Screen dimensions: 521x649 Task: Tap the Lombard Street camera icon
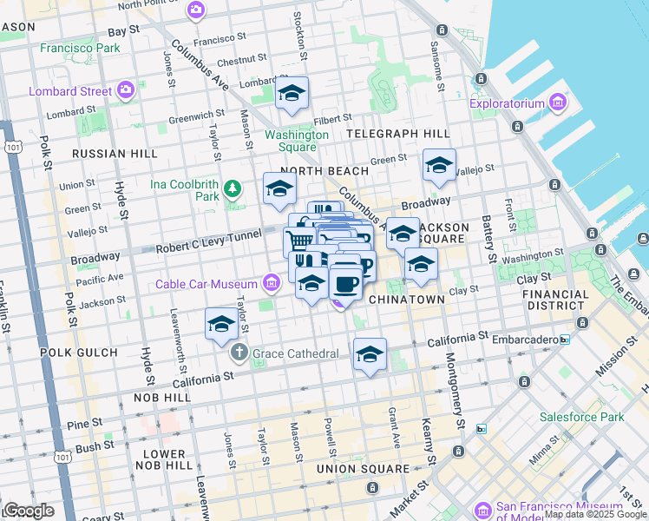(126, 90)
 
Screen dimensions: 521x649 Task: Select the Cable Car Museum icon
(272, 283)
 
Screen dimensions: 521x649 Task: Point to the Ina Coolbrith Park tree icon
(232, 188)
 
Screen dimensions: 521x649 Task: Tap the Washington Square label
(297, 141)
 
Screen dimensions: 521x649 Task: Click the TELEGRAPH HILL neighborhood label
(398, 134)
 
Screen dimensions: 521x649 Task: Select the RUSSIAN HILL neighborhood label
(115, 154)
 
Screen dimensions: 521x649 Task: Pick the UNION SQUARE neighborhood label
(362, 469)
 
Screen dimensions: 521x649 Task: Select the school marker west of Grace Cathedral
(221, 324)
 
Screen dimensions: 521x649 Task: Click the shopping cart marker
(298, 241)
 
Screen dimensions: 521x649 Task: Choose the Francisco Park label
(80, 48)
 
